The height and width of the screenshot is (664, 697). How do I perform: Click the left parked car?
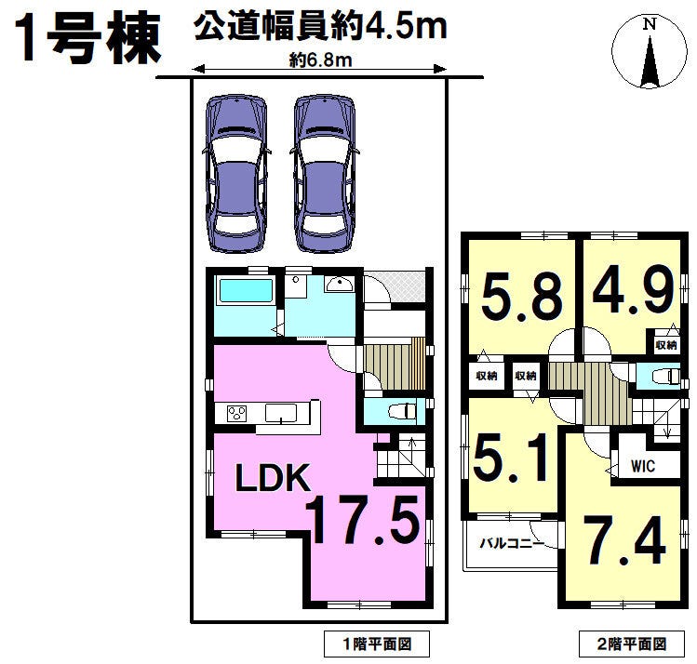[236, 174]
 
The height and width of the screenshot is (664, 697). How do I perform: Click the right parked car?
[325, 174]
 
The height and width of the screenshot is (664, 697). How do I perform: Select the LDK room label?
[273, 478]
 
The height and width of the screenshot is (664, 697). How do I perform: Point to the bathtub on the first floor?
[244, 291]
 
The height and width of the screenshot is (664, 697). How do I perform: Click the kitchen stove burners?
[237, 414]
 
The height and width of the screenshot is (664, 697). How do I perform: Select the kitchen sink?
[281, 413]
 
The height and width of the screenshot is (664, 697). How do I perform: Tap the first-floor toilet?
[401, 411]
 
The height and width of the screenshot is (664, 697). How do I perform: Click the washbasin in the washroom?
[339, 284]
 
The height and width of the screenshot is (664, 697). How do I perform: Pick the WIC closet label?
[643, 466]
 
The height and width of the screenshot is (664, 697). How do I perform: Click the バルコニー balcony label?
[511, 543]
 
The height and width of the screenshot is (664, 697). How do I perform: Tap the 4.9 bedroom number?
[633, 290]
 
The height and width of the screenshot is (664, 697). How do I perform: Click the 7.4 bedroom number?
[624, 540]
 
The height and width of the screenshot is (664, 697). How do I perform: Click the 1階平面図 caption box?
[377, 644]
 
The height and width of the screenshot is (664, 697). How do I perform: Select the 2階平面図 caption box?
[632, 644]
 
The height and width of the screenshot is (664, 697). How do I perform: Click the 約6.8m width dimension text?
[320, 60]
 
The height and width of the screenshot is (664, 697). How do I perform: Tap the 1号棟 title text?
[87, 39]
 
